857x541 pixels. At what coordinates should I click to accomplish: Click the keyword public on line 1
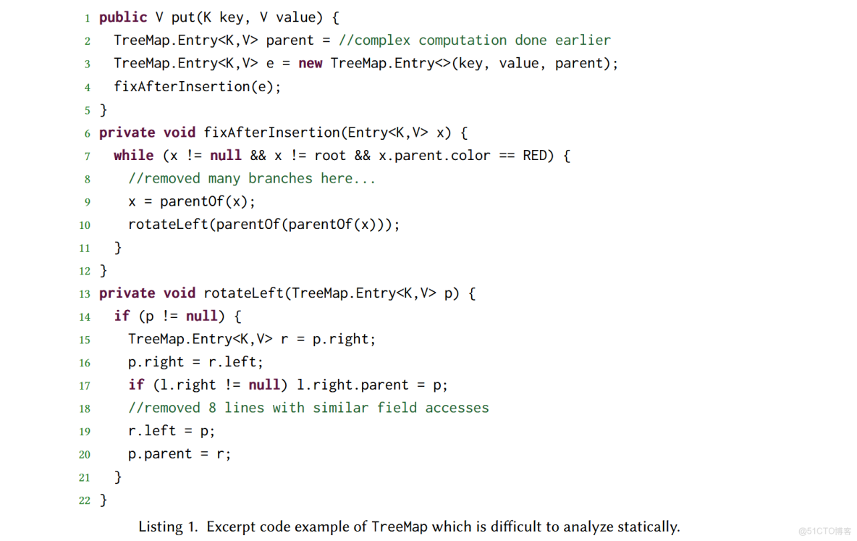click(x=123, y=17)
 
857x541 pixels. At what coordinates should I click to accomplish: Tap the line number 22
click(x=85, y=500)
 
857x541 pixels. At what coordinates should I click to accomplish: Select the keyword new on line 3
click(x=311, y=64)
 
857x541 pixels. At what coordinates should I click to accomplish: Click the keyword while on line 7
click(x=133, y=156)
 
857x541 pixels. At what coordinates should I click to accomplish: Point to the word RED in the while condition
click(x=534, y=156)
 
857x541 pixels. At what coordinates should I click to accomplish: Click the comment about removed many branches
click(x=252, y=178)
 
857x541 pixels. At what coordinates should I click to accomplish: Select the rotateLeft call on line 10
click(x=264, y=225)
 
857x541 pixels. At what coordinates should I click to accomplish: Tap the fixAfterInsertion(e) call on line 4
click(x=198, y=86)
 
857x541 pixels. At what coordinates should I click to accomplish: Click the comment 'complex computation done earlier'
click(x=474, y=41)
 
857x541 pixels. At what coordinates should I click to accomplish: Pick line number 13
click(x=85, y=294)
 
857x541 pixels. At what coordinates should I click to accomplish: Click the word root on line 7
click(x=330, y=156)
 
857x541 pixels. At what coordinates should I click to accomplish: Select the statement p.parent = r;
click(x=180, y=454)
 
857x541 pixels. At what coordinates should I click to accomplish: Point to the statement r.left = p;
click(x=172, y=431)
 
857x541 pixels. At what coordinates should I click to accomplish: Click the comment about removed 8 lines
click(x=308, y=408)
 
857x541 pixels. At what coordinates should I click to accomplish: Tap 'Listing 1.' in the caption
click(x=168, y=527)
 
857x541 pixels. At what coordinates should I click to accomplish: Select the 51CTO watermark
click(x=824, y=531)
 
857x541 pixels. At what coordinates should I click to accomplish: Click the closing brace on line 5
click(x=104, y=110)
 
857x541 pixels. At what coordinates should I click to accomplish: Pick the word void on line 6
click(x=180, y=133)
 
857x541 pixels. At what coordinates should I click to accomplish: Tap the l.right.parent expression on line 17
click(x=352, y=385)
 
